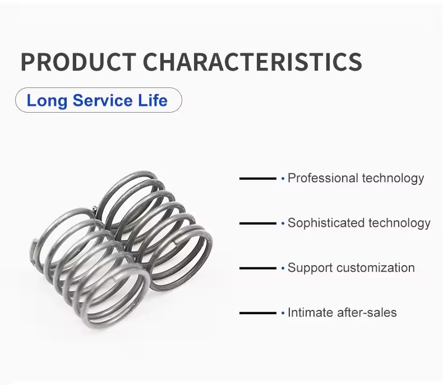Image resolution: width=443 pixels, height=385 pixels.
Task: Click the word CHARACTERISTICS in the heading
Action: pos(252,62)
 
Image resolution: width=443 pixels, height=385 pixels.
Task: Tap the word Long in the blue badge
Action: pos(47,101)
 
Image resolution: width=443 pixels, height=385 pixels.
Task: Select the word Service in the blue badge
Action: pos(103,100)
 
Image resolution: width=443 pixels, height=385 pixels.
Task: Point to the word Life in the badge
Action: pos(153,100)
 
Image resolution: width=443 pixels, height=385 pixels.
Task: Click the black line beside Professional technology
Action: pos(257,178)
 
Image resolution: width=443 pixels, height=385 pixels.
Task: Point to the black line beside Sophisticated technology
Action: pos(257,223)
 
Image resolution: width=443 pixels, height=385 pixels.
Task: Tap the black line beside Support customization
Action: pos(257,268)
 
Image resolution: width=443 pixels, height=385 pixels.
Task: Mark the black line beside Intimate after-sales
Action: pos(257,313)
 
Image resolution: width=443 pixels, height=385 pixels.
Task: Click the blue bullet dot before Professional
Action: pos(283,178)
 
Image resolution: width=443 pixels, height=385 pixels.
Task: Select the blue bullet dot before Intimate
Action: pos(283,313)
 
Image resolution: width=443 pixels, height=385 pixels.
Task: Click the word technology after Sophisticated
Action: pos(399,223)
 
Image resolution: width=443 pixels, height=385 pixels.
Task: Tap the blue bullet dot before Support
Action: pos(283,268)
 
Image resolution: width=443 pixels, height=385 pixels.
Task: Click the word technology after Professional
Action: pos(393,179)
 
